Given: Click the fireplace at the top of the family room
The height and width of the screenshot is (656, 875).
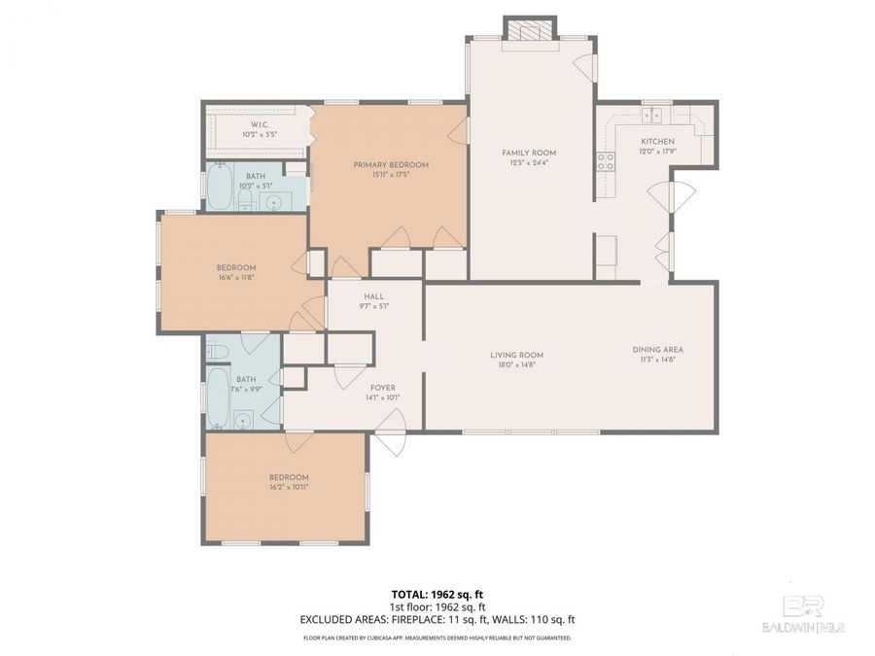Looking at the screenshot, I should (530, 31).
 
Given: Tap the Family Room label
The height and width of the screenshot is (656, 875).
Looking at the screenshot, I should (529, 153).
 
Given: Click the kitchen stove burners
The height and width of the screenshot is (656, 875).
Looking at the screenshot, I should (606, 161).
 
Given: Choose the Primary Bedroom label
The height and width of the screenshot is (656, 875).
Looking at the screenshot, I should (390, 165).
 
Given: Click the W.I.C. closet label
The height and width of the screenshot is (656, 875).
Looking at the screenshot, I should (259, 124).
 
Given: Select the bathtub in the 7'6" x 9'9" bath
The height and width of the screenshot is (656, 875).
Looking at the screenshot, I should (220, 398).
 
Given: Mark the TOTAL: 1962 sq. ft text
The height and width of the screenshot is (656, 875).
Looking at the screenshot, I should (437, 592).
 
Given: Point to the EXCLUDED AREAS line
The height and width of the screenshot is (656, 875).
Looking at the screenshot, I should (437, 619).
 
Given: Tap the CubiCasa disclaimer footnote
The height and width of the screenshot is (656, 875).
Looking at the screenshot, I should (437, 639).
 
